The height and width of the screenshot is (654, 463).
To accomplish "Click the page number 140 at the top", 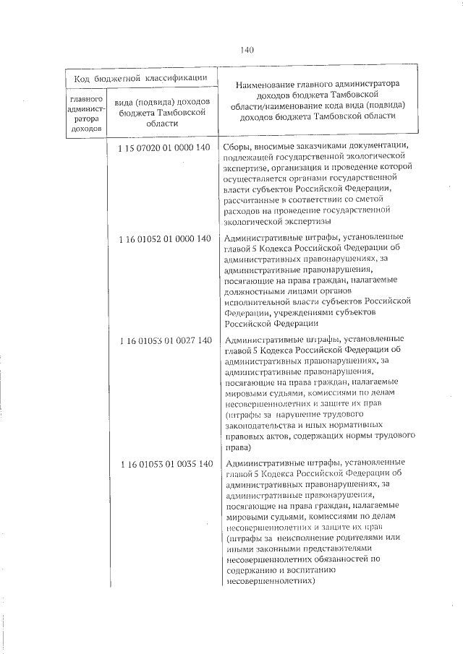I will tap(246, 50).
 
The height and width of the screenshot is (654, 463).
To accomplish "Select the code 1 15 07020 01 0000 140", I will tap(163, 147).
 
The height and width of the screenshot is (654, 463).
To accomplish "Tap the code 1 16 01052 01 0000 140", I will tap(163, 238).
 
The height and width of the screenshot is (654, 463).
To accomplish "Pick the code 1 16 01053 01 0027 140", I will tap(163, 340).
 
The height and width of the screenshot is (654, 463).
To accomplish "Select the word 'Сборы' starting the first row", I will tap(238, 147).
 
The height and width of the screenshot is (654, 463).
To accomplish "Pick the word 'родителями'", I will tap(360, 538).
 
